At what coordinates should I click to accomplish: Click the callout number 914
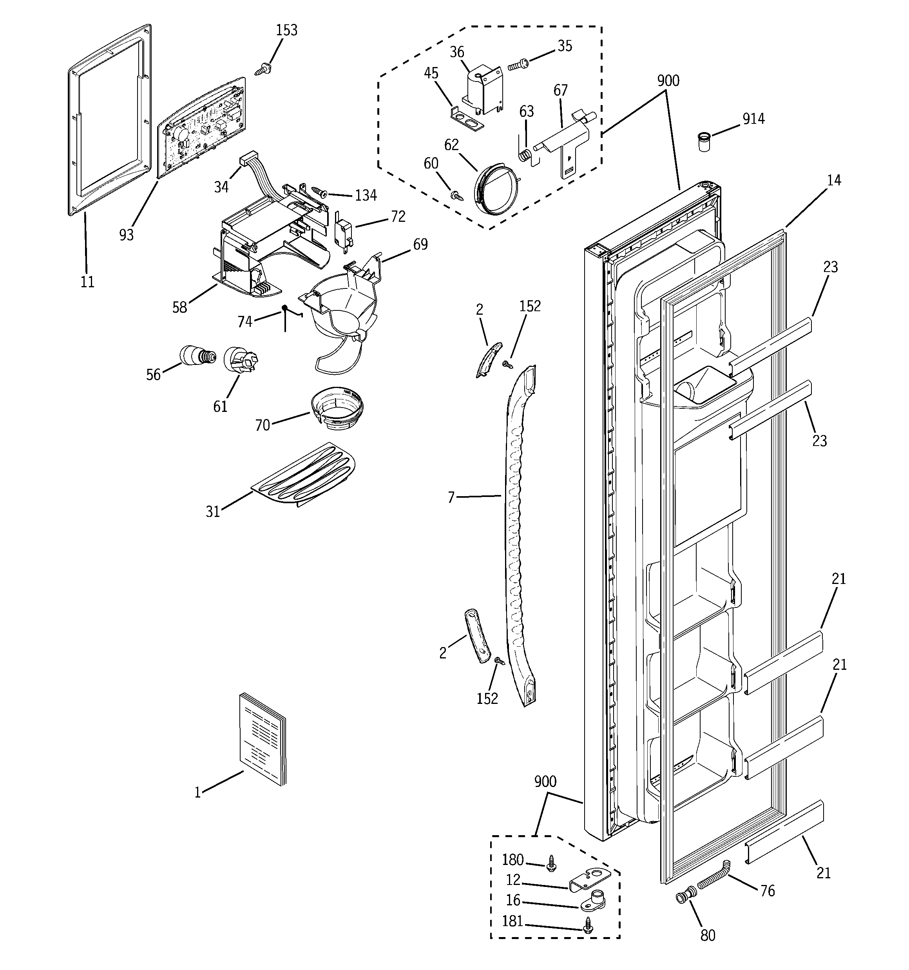pyautogui.click(x=753, y=119)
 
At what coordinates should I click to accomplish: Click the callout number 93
pyautogui.click(x=127, y=235)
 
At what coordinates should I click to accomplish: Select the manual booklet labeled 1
pyautogui.click(x=263, y=740)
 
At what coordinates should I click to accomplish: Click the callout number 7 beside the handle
pyautogui.click(x=451, y=497)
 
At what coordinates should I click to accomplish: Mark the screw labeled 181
pyautogui.click(x=587, y=923)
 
